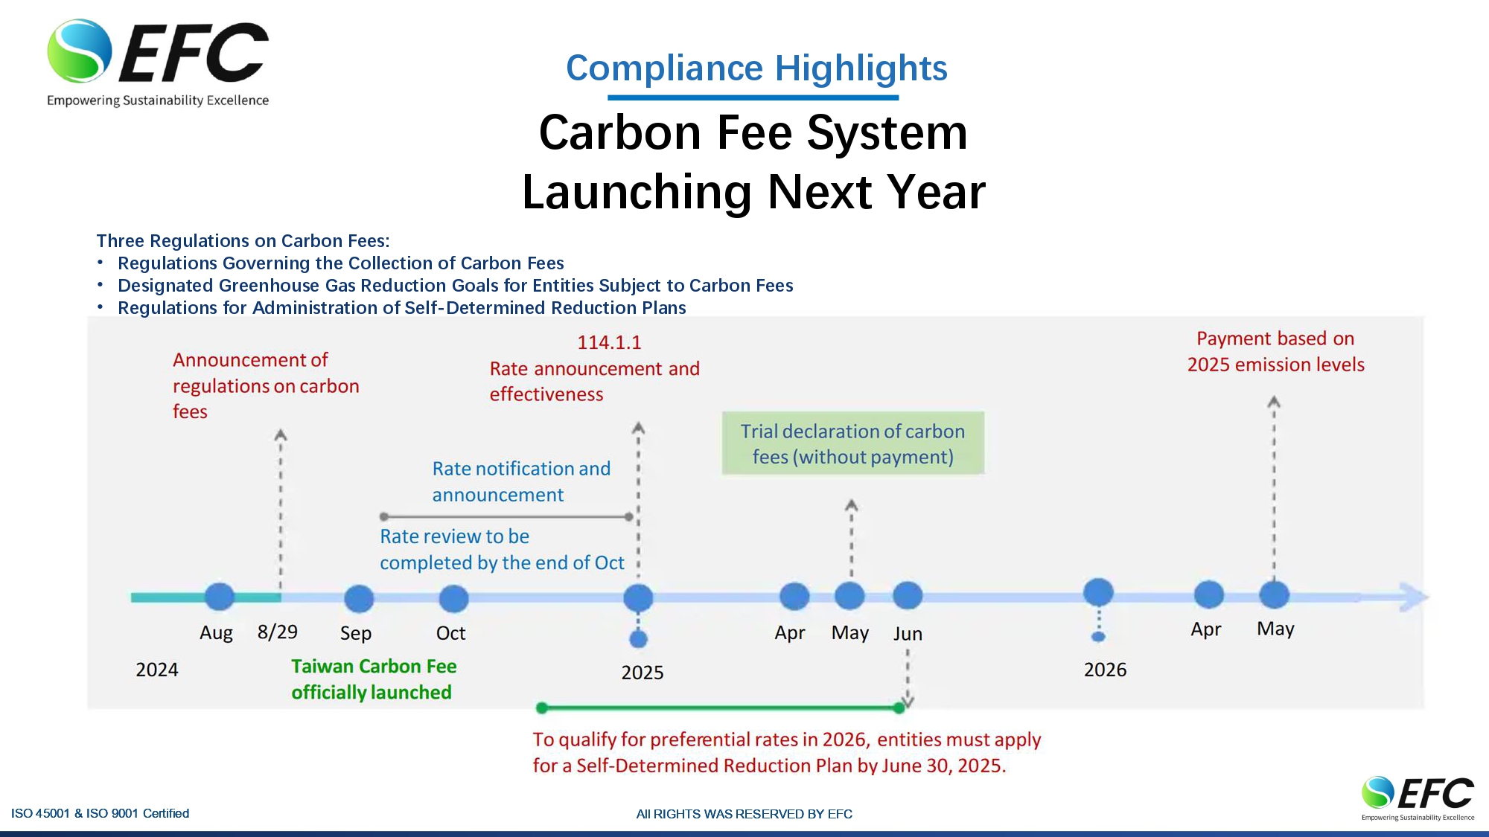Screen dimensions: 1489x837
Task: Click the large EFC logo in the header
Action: [x=158, y=63]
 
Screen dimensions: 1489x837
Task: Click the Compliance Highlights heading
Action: [x=756, y=68]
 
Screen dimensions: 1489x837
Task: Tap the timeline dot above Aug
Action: [x=219, y=597]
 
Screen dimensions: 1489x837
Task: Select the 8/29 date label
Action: [x=278, y=632]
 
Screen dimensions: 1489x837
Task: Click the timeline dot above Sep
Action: [x=359, y=598]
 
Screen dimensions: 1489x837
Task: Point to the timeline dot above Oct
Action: [x=453, y=598]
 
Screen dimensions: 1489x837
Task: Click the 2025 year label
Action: [x=643, y=673]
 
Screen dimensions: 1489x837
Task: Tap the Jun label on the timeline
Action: [x=908, y=634]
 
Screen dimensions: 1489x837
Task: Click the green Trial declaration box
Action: [x=853, y=443]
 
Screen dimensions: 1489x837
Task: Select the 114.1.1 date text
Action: [x=609, y=342]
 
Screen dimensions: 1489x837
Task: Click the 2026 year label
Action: [x=1105, y=670]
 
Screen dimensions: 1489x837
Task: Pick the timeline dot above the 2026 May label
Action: [x=1274, y=594]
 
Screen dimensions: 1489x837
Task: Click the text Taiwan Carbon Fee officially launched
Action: [x=374, y=679]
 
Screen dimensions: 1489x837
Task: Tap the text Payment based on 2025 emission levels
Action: [x=1275, y=351]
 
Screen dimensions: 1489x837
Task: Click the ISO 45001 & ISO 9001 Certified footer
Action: [x=101, y=813]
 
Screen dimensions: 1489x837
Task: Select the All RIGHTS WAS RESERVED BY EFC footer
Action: [x=744, y=814]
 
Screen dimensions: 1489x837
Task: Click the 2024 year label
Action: [x=157, y=670]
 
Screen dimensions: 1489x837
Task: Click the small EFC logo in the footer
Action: [x=1418, y=798]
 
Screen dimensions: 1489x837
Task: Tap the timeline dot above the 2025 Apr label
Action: [x=794, y=596]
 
